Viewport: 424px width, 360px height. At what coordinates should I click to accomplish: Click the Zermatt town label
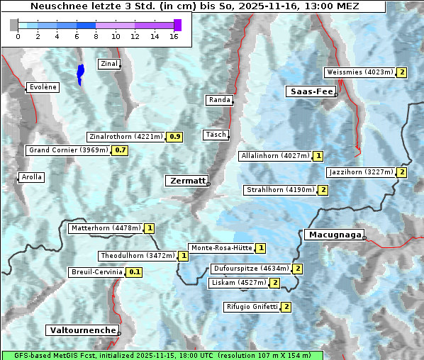187,181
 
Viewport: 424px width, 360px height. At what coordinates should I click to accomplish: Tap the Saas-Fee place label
311,91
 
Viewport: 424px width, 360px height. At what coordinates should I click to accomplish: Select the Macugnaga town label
334,235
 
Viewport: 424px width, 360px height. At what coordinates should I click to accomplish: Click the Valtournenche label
82,330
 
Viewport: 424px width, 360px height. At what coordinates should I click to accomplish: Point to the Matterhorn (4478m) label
106,228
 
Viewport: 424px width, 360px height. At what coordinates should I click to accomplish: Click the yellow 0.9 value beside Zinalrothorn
175,136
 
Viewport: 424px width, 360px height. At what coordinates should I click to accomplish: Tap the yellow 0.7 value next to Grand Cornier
121,150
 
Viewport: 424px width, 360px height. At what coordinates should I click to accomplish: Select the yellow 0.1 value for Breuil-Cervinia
134,272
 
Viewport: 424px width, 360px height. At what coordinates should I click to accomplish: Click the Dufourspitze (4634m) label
251,269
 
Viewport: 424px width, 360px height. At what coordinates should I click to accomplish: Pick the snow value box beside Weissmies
402,72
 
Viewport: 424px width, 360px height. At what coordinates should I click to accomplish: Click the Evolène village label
43,87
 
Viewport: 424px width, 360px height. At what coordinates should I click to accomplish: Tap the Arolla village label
31,177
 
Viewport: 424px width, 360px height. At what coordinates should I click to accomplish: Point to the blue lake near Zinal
80,73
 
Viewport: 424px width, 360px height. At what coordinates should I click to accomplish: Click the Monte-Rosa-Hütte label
221,248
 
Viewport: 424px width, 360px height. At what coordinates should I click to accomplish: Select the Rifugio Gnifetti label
252,307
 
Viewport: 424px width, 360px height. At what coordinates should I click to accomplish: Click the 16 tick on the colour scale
174,35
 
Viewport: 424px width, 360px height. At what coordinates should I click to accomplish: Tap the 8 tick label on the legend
96,35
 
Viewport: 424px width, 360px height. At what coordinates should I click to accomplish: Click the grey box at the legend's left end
14,25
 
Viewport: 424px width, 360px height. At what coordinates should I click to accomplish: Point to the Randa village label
219,100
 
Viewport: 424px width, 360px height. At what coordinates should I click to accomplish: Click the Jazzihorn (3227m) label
361,172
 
